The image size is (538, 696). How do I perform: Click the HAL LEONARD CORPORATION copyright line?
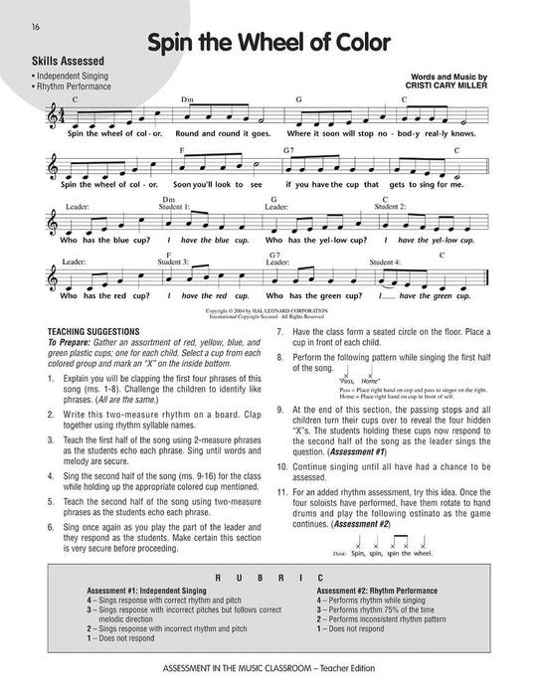tap(268, 311)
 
